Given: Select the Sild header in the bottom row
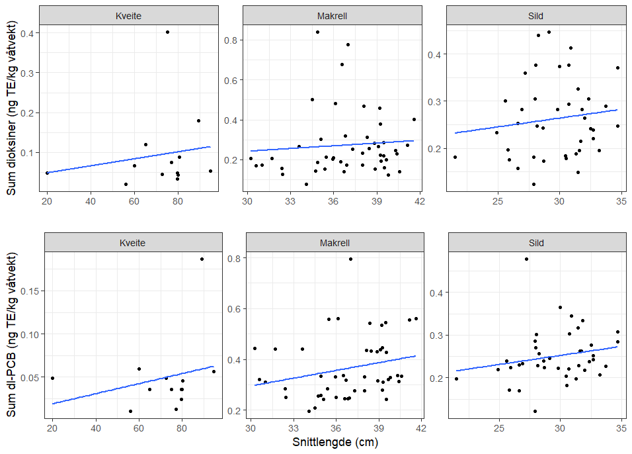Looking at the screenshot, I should tap(536, 243).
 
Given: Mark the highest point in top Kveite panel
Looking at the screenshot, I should tap(167, 32).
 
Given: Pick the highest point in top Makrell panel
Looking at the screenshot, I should tap(317, 32).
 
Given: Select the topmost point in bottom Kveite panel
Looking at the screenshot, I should tap(202, 259).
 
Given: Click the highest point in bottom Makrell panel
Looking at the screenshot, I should tap(350, 259).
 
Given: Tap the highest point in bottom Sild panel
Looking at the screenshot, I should tap(526, 259).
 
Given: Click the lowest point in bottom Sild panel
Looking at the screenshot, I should tap(535, 411).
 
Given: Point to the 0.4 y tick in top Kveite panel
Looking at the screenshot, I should tap(30, 32).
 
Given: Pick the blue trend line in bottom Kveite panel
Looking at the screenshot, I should tap(132, 385).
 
